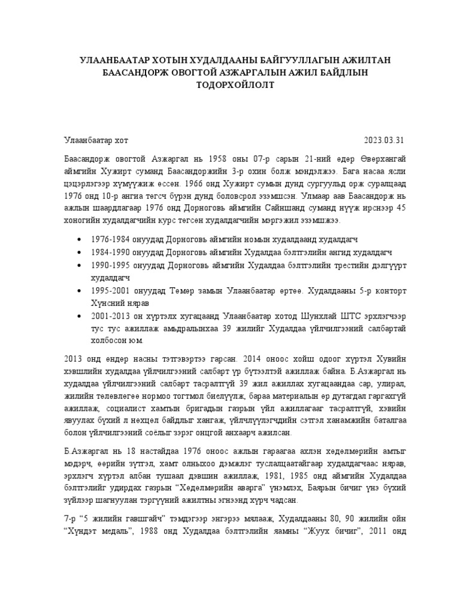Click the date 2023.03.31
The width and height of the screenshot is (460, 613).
click(x=385, y=141)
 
